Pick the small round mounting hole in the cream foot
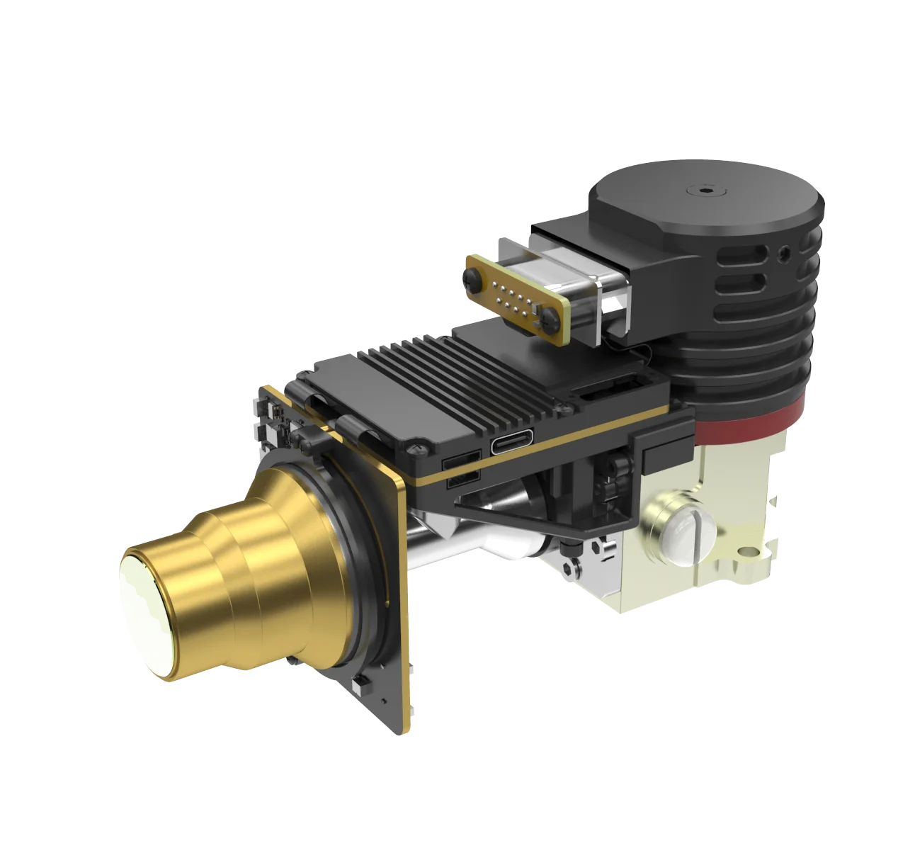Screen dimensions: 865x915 [743, 550]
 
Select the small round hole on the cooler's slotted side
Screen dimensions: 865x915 [782, 252]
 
